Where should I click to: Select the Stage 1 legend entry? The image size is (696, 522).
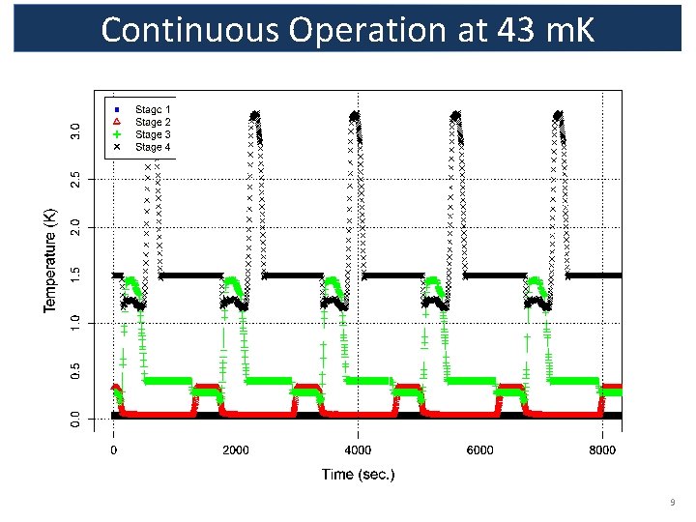153,109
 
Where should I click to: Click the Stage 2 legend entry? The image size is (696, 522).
153,122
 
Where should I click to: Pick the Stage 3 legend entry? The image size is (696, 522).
153,134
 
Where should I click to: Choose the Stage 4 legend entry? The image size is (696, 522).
153,147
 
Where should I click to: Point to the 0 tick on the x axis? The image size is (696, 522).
114,449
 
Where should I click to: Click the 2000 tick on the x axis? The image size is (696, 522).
235,449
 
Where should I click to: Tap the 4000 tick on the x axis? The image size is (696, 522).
358,449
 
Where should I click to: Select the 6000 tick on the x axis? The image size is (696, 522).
479,449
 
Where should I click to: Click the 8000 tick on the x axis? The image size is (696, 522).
601,449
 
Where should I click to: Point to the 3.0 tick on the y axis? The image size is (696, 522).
76,128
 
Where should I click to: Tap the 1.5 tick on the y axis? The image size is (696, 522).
76,275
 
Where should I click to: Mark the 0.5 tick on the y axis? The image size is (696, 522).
76,370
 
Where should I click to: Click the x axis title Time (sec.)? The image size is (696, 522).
358,475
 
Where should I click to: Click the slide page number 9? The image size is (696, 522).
671,504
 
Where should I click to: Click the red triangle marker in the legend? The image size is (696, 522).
116,122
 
